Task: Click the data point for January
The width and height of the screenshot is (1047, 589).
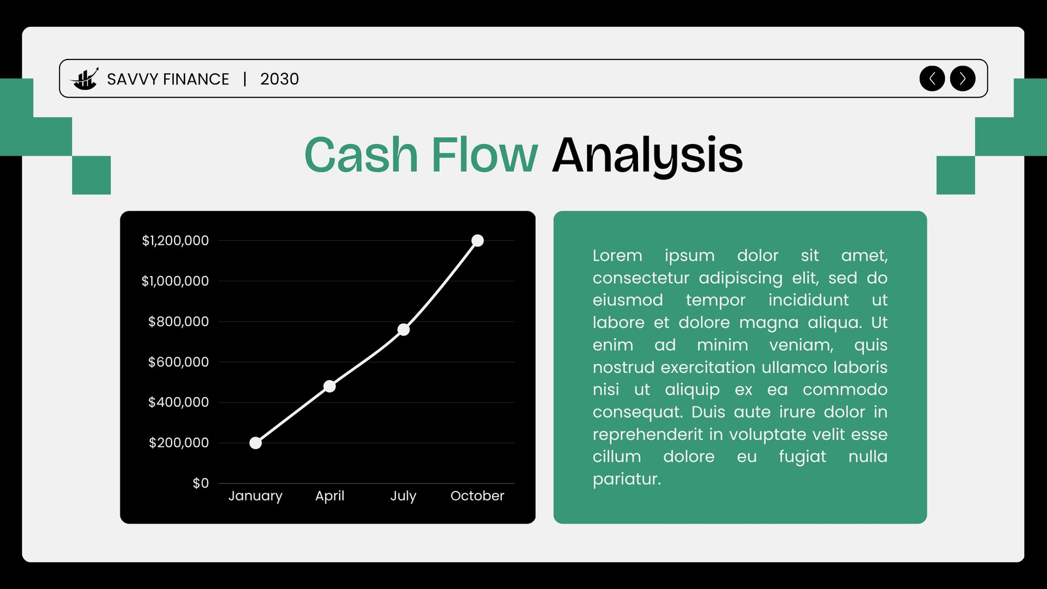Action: point(255,442)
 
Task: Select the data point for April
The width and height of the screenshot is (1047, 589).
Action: point(330,386)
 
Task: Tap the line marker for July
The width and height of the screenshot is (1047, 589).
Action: point(403,330)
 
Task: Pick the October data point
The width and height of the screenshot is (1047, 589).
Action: point(477,240)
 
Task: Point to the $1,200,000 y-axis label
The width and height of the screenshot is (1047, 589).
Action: point(175,241)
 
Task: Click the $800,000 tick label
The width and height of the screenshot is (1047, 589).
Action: point(178,321)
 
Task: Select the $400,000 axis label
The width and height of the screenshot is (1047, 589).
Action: point(178,402)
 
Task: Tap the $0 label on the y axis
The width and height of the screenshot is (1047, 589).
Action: point(200,484)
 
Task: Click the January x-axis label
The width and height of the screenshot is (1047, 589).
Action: point(255,496)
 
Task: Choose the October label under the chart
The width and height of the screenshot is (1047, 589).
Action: point(477,495)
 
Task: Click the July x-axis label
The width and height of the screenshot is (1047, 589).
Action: point(403,496)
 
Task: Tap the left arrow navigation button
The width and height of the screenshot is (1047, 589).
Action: point(932,79)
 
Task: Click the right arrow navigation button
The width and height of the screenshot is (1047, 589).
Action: point(963,79)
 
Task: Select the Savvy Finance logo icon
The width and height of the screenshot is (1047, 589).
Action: point(84,79)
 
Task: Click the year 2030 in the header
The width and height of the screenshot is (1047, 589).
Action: point(279,79)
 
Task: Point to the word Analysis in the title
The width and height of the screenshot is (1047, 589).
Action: point(647,156)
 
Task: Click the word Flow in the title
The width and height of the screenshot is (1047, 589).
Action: point(485,154)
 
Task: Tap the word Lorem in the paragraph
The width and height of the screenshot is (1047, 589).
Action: point(618,256)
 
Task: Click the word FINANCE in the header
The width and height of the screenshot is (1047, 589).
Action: point(196,79)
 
